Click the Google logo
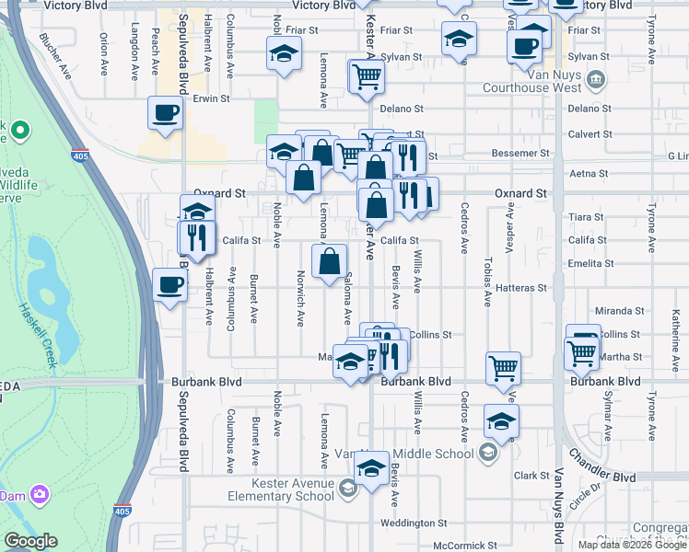(30, 542)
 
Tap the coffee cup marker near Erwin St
(166, 113)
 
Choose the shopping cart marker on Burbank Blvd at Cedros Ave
(503, 368)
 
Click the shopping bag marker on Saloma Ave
(330, 262)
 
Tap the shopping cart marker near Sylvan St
(367, 76)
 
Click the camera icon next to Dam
(40, 495)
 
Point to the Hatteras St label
(521, 288)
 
